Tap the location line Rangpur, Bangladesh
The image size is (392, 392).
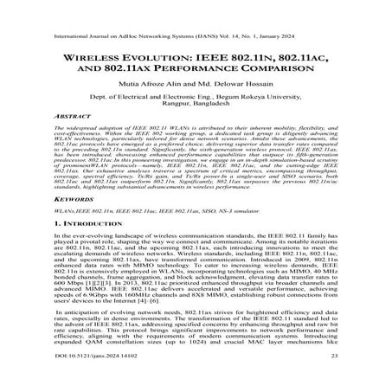(196, 97)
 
